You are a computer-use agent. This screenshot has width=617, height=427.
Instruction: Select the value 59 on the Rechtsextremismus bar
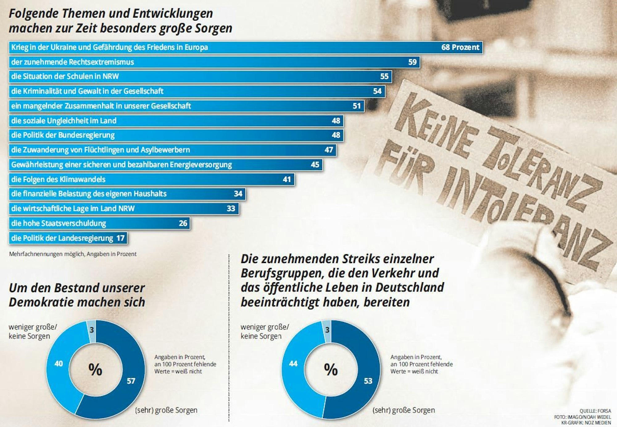coord(412,62)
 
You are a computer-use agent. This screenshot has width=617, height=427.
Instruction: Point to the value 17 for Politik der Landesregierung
coord(120,238)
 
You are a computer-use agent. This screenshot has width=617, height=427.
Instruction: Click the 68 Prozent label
coord(460,47)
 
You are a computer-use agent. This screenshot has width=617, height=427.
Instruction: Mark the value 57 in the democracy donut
coord(131,381)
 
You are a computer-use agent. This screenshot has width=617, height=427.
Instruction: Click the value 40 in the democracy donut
coord(59,363)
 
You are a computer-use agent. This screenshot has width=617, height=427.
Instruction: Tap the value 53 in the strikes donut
coord(368,381)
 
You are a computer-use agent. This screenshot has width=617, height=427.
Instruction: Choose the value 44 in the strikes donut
coord(293,363)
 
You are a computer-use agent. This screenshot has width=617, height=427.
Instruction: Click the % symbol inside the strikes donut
coord(331,369)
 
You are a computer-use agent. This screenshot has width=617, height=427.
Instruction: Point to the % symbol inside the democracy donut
coord(95,369)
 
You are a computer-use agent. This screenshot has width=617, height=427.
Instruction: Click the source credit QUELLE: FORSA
coord(595,411)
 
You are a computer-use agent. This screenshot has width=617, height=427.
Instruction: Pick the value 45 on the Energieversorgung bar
coord(315,165)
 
